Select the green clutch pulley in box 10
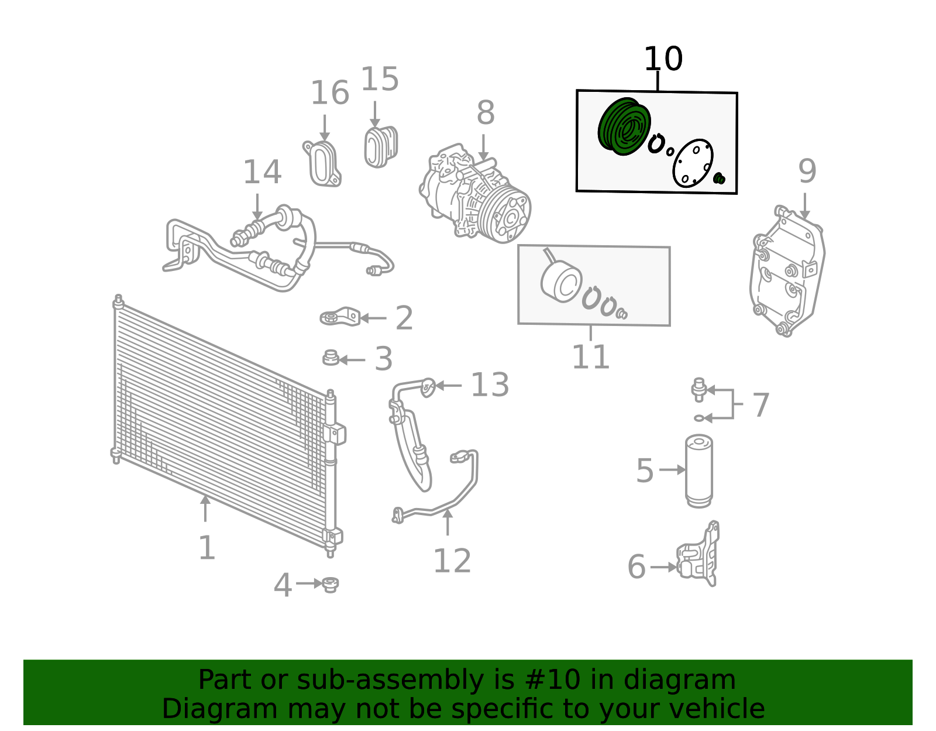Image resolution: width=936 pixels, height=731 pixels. (x=624, y=126)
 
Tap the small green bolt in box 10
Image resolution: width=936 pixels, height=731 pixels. (x=719, y=179)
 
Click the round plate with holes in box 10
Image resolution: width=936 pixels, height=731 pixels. (x=693, y=163)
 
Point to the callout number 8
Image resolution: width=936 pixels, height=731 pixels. (x=486, y=113)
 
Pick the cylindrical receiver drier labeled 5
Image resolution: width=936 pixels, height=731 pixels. (x=698, y=471)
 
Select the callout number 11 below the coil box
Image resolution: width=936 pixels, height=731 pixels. (x=590, y=356)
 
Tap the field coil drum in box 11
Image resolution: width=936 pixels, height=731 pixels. (x=561, y=282)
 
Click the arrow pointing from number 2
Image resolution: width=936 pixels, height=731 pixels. (x=373, y=318)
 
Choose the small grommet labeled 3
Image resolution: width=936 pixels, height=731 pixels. (x=331, y=358)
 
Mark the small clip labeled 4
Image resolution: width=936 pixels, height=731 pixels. (x=331, y=585)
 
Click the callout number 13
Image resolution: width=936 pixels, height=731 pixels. (x=490, y=385)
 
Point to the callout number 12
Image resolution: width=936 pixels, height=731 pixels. (x=452, y=561)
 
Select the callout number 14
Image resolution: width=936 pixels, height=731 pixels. (x=262, y=172)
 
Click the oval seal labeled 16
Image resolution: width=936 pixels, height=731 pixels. (x=322, y=164)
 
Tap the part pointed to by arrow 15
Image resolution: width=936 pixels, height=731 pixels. (x=381, y=147)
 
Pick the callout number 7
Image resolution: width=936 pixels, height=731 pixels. (x=760, y=405)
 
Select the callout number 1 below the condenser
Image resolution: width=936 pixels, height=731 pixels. (x=207, y=547)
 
